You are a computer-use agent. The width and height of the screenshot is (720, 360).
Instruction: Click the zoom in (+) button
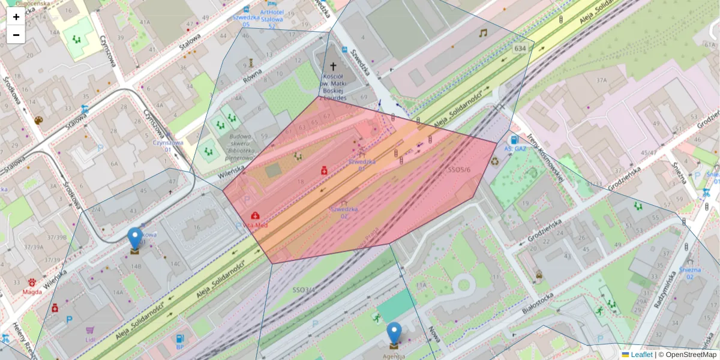16,17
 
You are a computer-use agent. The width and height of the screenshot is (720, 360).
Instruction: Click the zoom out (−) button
16,35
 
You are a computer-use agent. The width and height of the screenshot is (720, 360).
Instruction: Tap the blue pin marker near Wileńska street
135,238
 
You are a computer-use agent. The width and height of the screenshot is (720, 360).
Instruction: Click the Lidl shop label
91,340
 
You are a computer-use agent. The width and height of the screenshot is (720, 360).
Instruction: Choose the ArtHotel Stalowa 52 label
272,19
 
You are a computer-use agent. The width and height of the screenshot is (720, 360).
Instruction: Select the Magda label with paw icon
32,292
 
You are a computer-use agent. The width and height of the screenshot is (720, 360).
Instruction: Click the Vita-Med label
256,225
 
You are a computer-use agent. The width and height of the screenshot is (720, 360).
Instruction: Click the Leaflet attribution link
641,355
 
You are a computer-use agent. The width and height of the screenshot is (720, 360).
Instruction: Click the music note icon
483,34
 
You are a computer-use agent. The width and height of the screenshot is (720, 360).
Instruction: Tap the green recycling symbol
495,161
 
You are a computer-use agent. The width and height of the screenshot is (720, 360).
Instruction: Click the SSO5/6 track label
459,170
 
